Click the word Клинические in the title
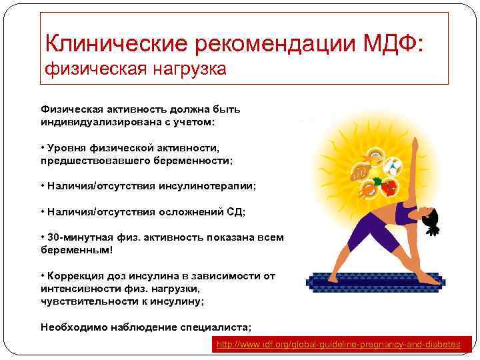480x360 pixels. [x=117, y=44]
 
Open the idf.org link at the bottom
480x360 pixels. [x=338, y=344]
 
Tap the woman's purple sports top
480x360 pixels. [x=405, y=215]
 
